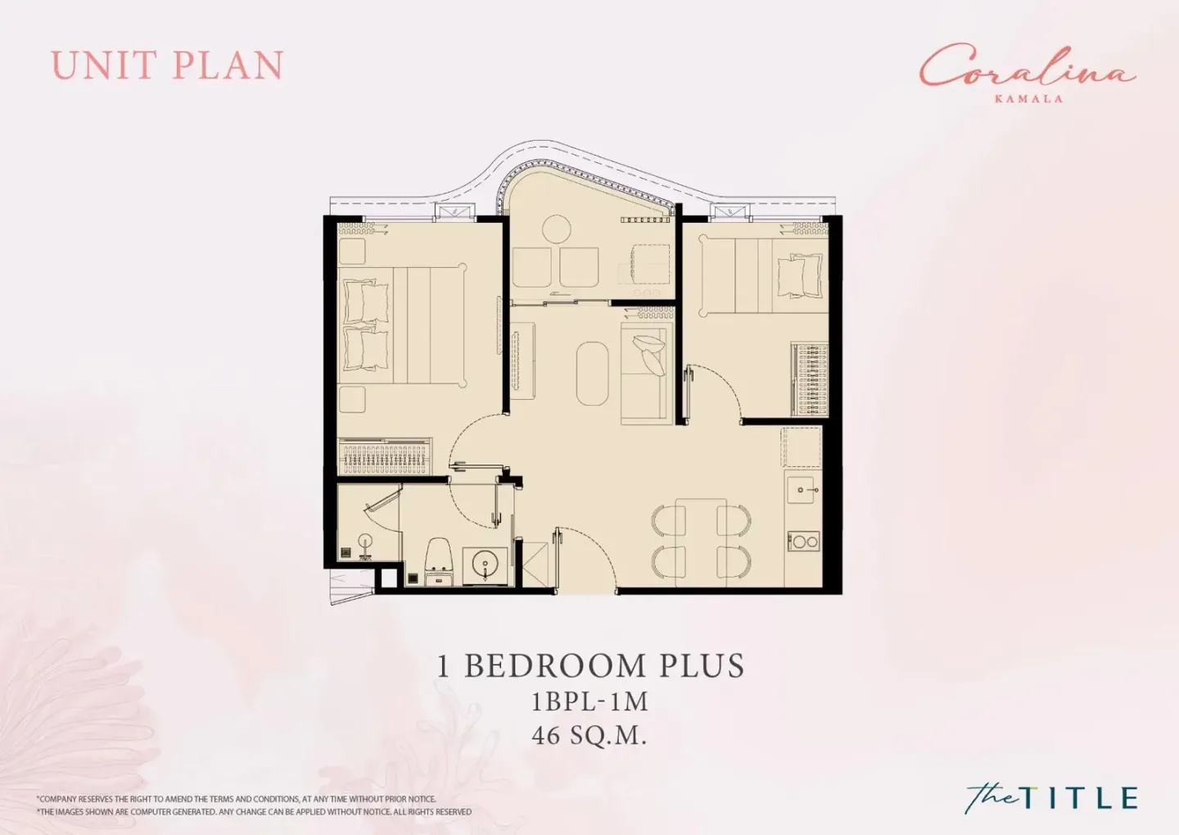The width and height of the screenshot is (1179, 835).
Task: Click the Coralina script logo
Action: click(1027, 71)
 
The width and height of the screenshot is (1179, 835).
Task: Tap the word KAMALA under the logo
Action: click(1028, 98)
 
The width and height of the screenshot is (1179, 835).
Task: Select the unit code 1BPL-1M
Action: click(589, 701)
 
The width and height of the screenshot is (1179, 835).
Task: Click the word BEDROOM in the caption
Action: click(555, 665)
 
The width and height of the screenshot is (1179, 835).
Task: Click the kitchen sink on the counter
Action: click(801, 491)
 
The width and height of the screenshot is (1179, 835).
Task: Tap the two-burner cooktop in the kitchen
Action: click(804, 541)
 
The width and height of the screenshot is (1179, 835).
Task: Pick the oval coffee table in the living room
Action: click(593, 374)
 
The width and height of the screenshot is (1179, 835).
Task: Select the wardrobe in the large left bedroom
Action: click(385, 456)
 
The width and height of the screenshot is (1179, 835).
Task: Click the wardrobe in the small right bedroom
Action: click(810, 379)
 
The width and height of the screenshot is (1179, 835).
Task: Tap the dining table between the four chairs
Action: click(701, 542)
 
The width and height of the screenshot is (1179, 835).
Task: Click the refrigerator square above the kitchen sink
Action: click(802, 447)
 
